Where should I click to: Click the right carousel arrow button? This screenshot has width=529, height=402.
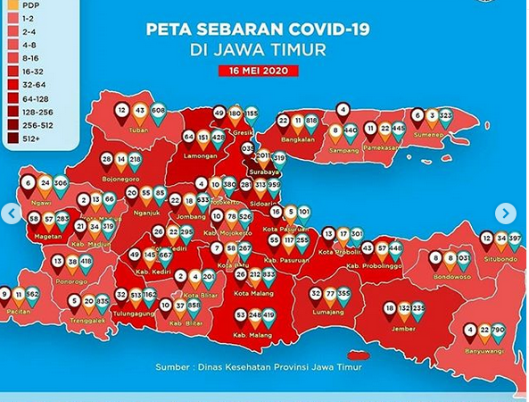click(x=505, y=214)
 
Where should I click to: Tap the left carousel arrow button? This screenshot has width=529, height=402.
click(x=11, y=214)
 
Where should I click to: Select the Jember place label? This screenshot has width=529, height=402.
click(x=404, y=328)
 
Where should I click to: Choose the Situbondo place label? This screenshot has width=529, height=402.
click(x=500, y=259)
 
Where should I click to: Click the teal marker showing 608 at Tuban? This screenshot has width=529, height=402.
click(x=159, y=112)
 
